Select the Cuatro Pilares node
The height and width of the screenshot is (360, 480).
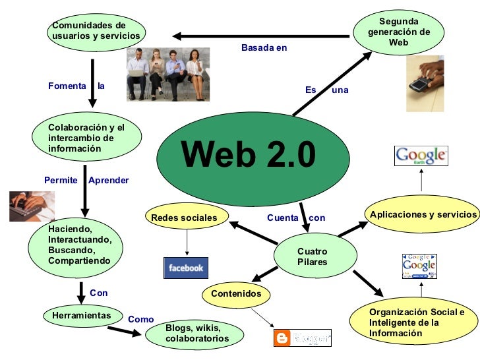(313, 256)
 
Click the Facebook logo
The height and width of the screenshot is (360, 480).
(186, 268)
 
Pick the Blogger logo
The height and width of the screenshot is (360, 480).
(302, 338)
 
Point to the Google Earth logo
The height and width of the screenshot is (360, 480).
(421, 156)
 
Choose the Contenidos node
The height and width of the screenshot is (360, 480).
(236, 293)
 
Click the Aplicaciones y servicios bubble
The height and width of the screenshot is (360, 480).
(423, 215)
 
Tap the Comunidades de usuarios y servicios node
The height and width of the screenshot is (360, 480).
(96, 30)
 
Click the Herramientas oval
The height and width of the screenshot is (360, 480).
(81, 316)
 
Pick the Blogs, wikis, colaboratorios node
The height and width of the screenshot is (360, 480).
(197, 333)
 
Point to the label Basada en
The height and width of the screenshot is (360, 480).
(264, 48)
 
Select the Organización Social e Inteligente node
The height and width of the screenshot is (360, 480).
(416, 322)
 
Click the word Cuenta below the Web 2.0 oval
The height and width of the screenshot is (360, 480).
(282, 218)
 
